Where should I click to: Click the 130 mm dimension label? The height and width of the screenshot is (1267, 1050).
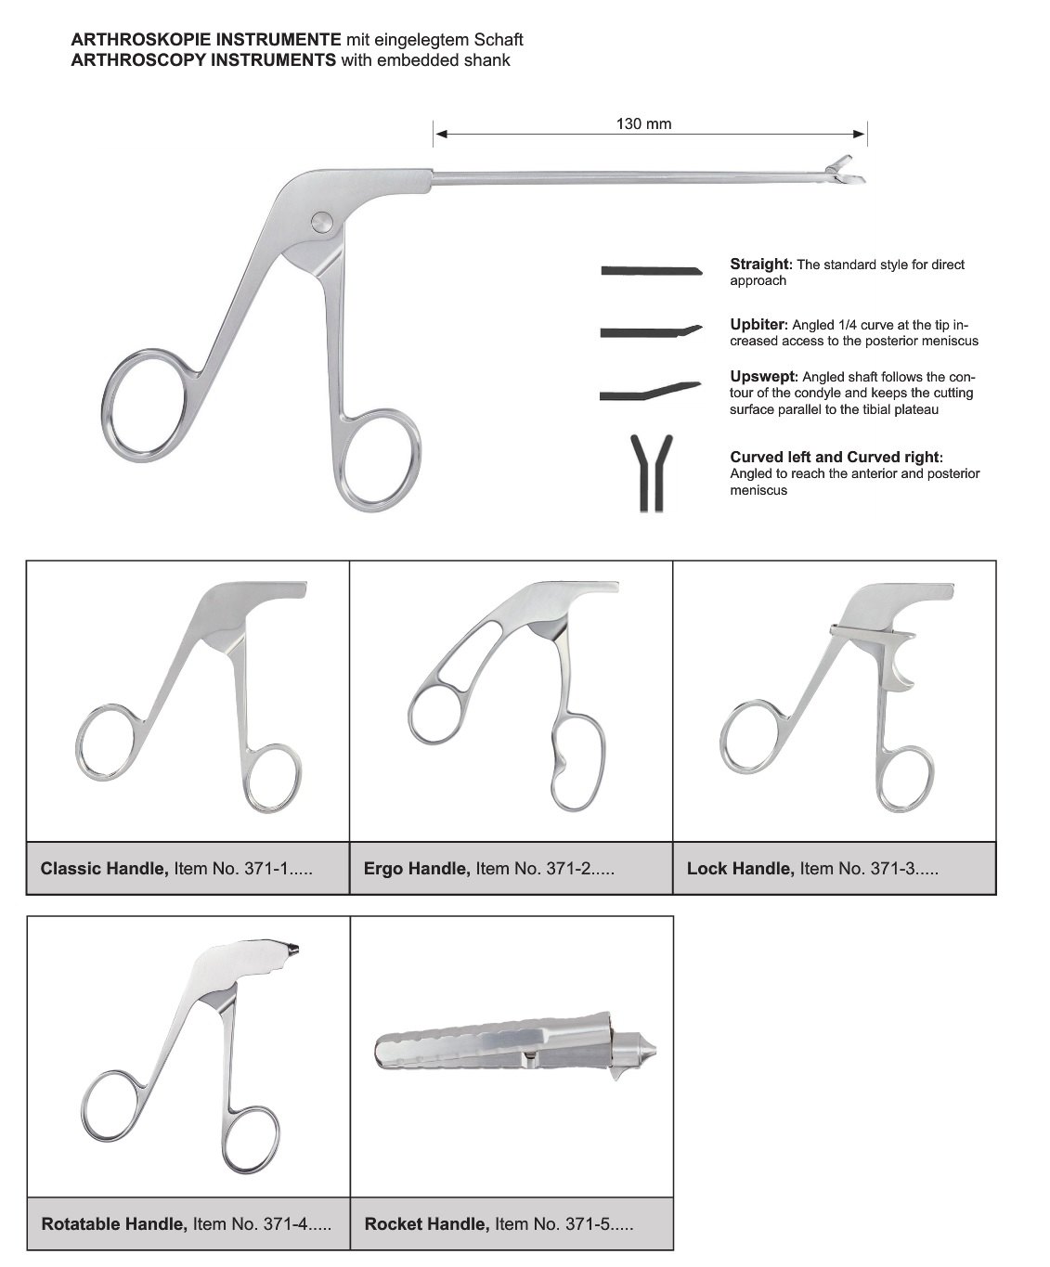tap(643, 123)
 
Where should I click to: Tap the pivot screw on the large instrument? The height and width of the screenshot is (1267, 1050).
tap(321, 221)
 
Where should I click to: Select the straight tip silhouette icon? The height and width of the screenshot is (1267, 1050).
tap(650, 271)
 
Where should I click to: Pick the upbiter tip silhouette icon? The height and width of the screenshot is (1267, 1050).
tap(650, 330)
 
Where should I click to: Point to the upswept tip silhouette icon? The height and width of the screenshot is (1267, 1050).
tap(650, 391)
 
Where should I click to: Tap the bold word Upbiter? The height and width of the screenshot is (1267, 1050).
tap(758, 325)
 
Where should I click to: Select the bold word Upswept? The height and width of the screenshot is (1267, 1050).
tap(763, 377)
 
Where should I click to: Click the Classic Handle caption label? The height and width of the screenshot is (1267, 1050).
tap(176, 869)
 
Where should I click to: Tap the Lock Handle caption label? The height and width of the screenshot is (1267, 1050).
tap(812, 869)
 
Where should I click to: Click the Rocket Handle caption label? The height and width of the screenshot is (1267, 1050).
tap(499, 1223)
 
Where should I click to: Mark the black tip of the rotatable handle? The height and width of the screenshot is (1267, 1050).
tap(294, 949)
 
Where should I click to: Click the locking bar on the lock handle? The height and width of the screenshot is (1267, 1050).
tap(871, 632)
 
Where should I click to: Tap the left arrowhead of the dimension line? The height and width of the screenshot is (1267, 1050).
tap(441, 135)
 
